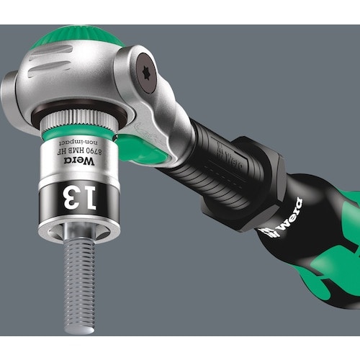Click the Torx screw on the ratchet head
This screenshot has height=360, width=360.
(x=147, y=73)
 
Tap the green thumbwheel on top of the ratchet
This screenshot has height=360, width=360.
(x=72, y=33)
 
